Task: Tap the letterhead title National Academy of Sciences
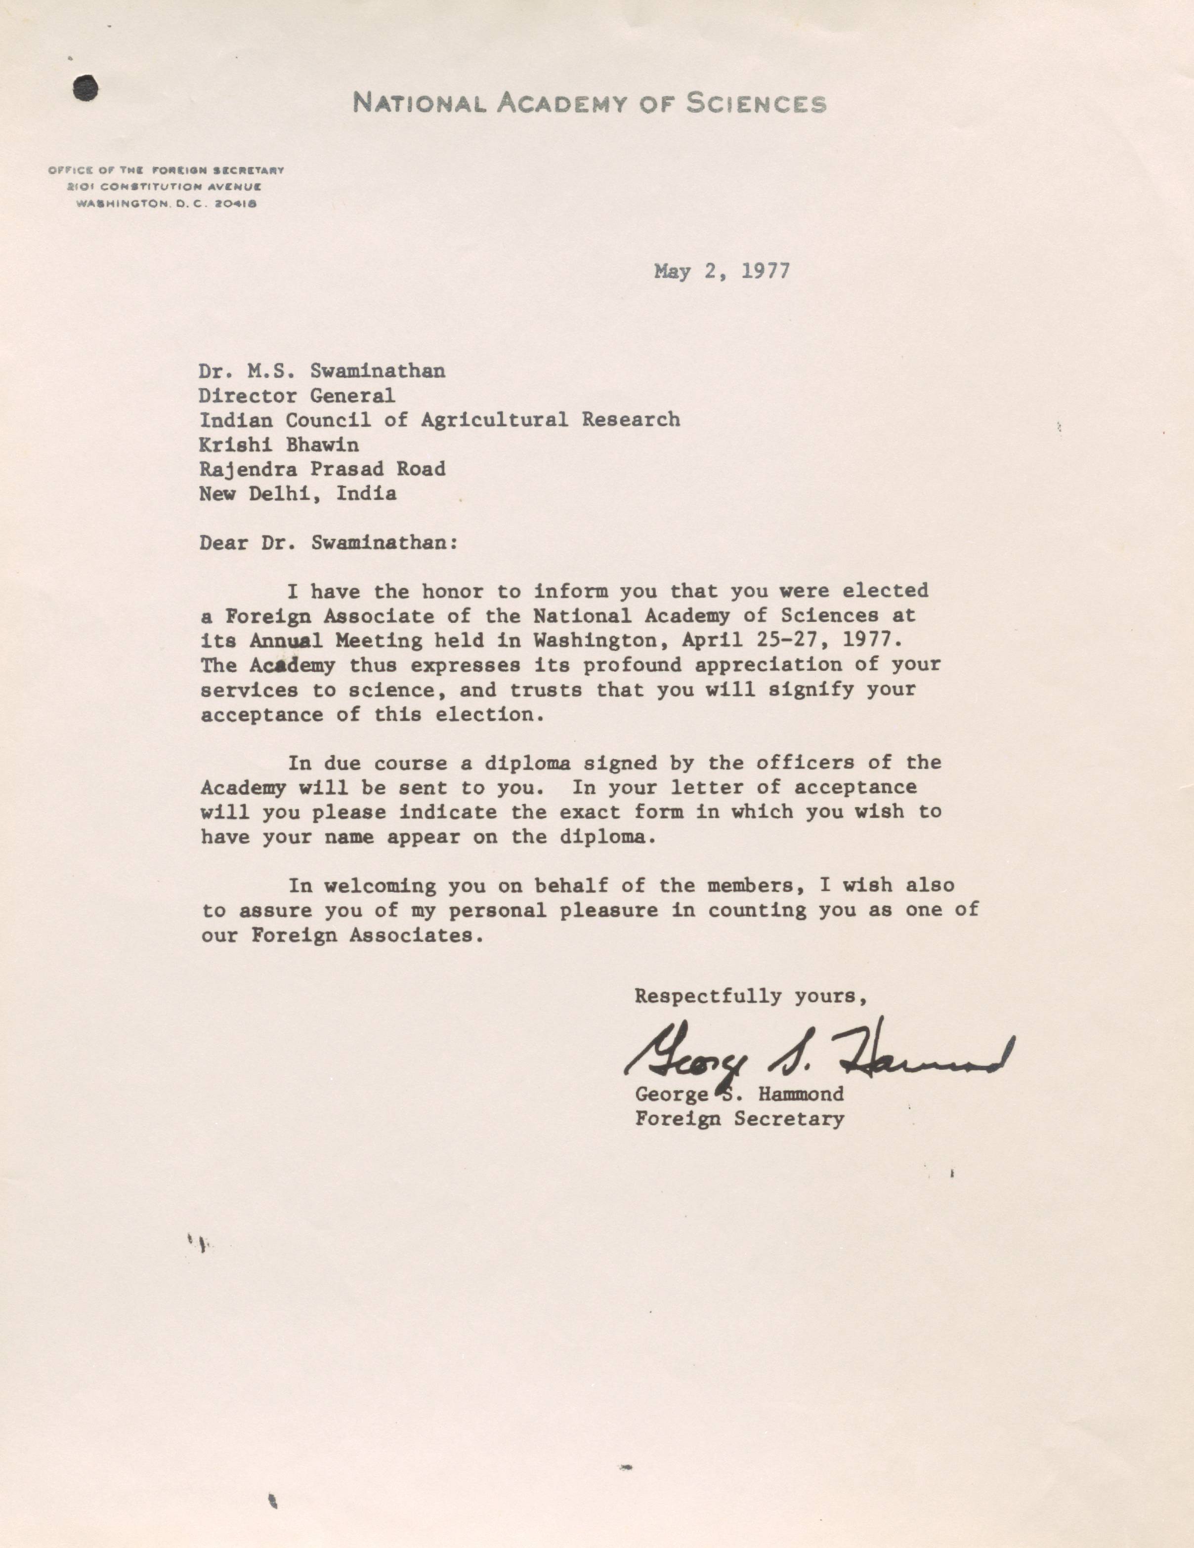click(589, 104)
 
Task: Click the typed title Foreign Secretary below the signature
click(739, 1119)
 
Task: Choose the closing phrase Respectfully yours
click(750, 996)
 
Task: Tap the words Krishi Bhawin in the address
click(279, 445)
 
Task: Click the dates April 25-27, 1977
click(793, 640)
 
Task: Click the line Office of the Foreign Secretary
click(166, 170)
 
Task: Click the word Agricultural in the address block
click(494, 420)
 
